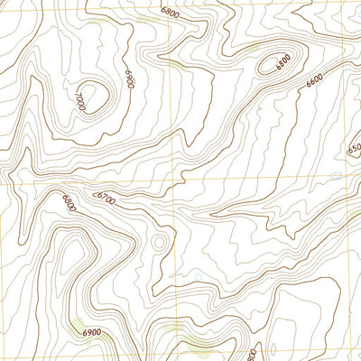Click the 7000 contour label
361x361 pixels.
click(80, 100)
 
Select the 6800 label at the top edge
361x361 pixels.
click(169, 13)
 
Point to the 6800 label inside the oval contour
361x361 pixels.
click(282, 62)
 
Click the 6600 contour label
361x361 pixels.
click(314, 82)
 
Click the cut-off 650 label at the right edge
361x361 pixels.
click(354, 147)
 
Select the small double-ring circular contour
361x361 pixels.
click(160, 241)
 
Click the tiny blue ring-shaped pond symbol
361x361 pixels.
click(336, 173)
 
